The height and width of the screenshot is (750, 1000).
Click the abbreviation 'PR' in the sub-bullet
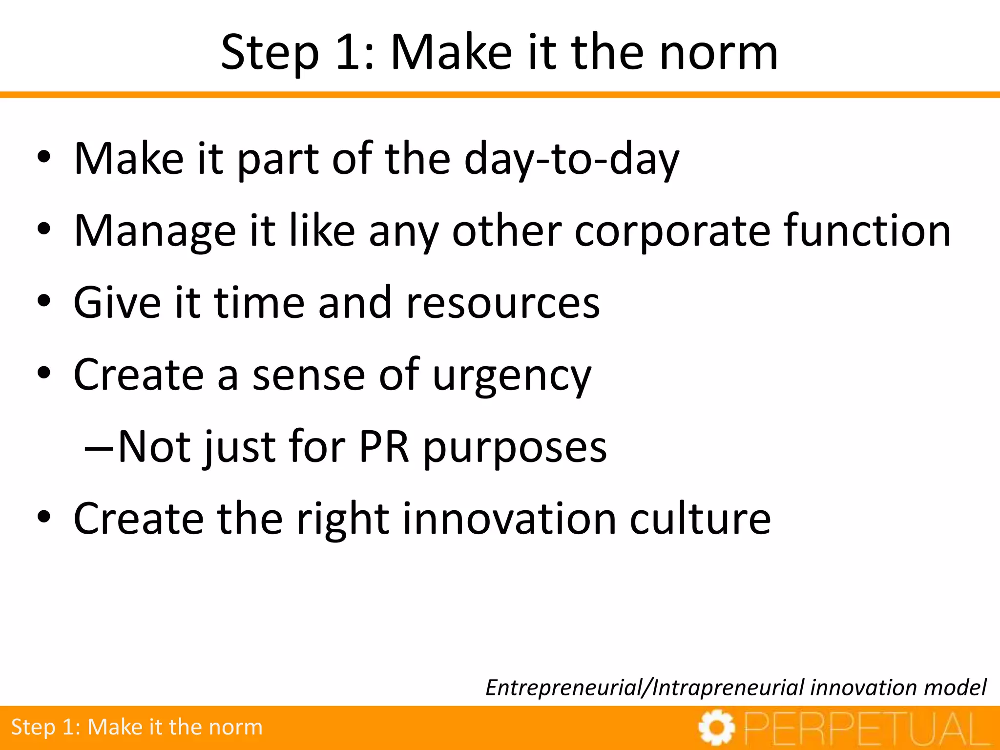pyautogui.click(x=384, y=447)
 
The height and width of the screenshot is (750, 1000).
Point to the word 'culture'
pyautogui.click(x=700, y=519)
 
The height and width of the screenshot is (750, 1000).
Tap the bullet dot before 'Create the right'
pyautogui.click(x=44, y=518)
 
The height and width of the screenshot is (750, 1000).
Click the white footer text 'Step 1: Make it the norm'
pyautogui.click(x=137, y=727)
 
